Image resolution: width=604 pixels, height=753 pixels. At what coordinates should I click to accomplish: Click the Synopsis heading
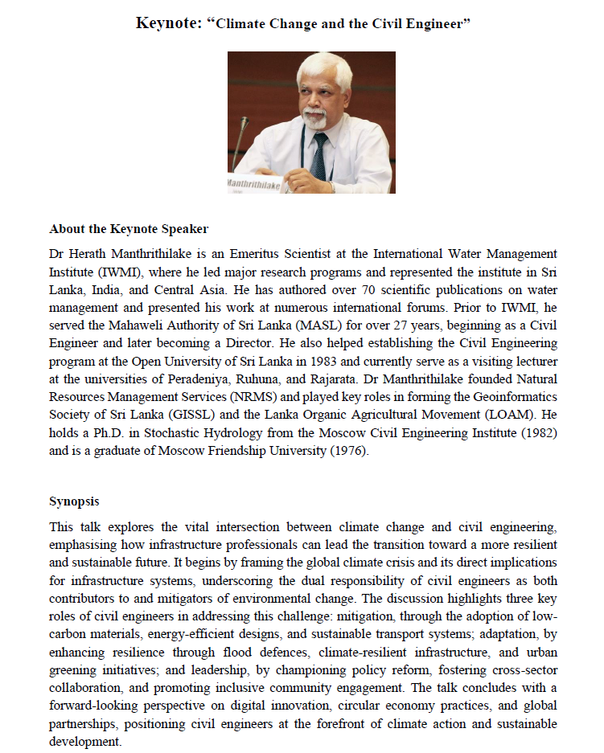click(x=74, y=501)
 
